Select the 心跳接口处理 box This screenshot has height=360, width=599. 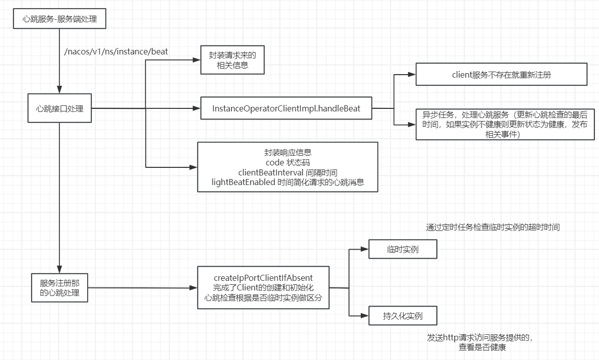(x=59, y=108)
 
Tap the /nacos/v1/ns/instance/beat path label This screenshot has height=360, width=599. (x=116, y=51)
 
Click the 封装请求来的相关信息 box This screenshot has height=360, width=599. (x=232, y=60)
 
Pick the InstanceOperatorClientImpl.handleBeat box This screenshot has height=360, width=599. (x=286, y=108)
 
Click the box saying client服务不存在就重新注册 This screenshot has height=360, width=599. (x=501, y=75)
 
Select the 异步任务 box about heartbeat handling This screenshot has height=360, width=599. (x=501, y=124)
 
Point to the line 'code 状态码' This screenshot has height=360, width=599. (x=287, y=162)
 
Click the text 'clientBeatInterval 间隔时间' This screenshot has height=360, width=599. (x=287, y=173)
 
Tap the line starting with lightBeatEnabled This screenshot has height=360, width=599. (x=287, y=183)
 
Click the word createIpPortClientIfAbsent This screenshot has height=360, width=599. (x=263, y=278)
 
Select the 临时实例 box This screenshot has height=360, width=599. (x=403, y=249)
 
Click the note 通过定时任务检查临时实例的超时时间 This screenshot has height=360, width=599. (x=493, y=227)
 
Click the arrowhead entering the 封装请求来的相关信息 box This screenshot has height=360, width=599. (x=197, y=61)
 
